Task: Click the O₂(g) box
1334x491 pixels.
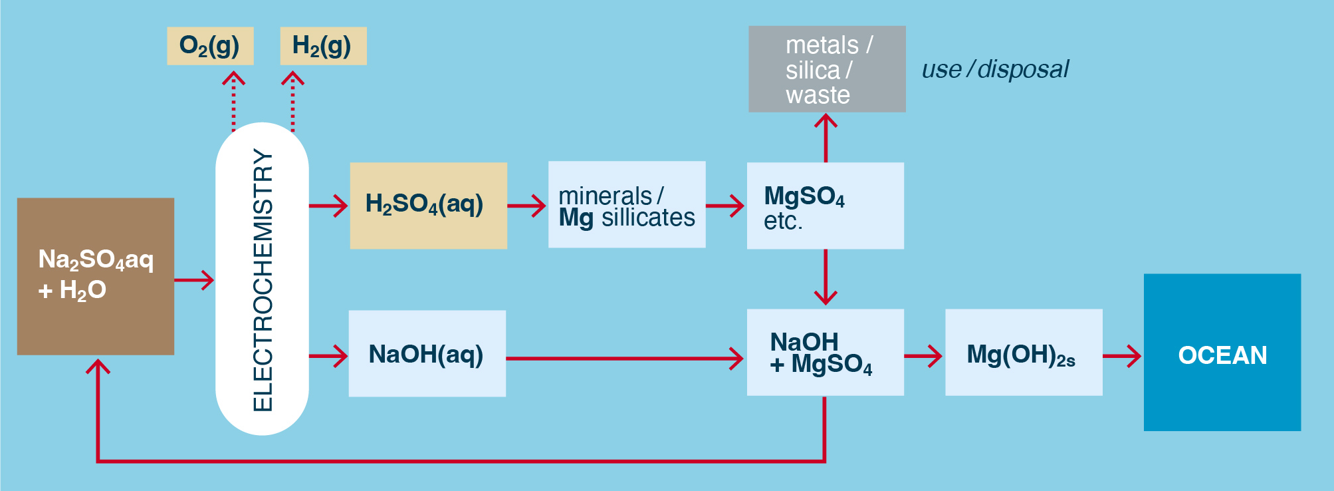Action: [x=210, y=46]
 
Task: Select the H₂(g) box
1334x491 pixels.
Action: [x=323, y=46]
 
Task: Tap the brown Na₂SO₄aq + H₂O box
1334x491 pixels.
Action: [x=96, y=276]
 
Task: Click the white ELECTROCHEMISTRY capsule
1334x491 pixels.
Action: [x=263, y=279]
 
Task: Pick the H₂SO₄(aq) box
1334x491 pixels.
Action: [x=428, y=206]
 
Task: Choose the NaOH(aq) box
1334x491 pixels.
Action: [x=427, y=353]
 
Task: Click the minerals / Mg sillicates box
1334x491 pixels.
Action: [x=626, y=205]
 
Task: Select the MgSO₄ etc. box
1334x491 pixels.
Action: [x=825, y=206]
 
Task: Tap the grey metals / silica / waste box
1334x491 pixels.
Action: [x=827, y=69]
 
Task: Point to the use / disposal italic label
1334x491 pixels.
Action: [x=995, y=69]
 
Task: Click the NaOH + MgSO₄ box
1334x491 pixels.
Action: [x=825, y=353]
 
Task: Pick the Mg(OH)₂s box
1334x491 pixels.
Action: [x=1024, y=353]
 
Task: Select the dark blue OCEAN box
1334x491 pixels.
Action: [x=1222, y=353]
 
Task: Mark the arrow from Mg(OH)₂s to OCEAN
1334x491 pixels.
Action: [x=1123, y=356]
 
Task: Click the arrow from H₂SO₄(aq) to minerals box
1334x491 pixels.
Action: [x=527, y=206]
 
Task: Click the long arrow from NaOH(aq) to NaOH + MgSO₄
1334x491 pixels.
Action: [x=625, y=358]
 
